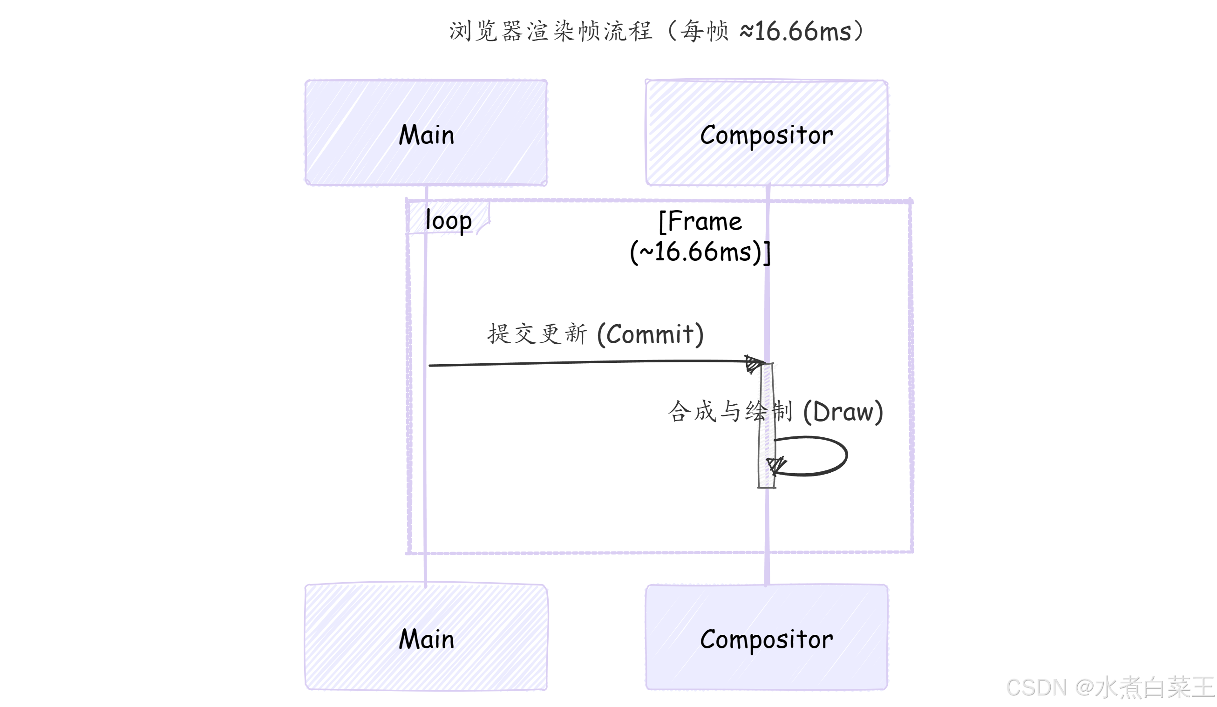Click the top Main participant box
426,132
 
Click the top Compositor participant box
767,132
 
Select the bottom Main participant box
426,638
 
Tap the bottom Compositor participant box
767,638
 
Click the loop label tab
448,220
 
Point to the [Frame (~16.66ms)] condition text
700,237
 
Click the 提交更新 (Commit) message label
595,333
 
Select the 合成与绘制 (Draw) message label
775,411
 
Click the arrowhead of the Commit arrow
754,364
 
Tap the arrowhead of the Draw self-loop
776,465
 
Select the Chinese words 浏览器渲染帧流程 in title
551,31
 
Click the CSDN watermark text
1036,687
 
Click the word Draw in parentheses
843,411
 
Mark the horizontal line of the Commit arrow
579,363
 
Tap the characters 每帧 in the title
704,31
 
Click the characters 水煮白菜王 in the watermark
1154,687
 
